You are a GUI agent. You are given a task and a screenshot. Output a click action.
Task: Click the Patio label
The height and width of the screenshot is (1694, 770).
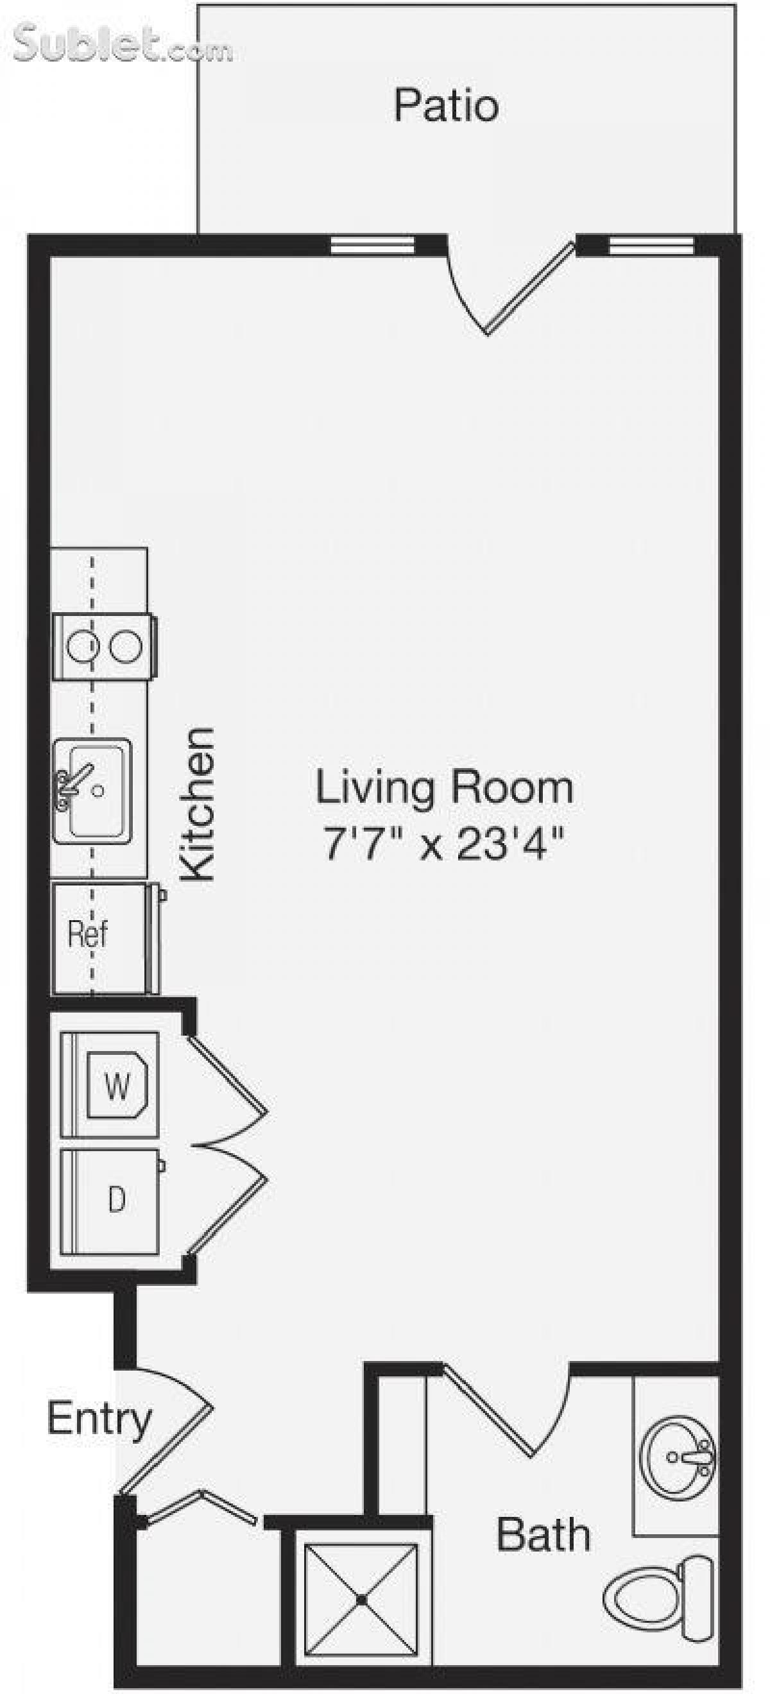pos(446,105)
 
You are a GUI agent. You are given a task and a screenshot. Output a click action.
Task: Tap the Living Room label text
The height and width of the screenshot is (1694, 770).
pos(445,787)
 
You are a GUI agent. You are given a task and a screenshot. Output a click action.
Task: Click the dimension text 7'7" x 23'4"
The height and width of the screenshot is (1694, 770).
pos(445,844)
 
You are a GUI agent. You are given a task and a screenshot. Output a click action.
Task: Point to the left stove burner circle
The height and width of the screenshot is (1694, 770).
pos(83,647)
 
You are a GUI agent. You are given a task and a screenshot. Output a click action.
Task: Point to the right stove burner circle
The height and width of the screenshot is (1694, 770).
pos(126,647)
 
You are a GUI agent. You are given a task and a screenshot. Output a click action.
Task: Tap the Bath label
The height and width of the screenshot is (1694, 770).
pos(543,1536)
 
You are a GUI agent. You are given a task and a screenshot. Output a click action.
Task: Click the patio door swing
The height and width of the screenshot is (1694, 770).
pos(506,289)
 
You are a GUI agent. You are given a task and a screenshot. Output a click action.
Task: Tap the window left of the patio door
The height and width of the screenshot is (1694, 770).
pos(372,245)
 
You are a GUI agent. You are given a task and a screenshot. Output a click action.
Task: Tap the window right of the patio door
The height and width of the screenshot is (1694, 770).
pos(651,245)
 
